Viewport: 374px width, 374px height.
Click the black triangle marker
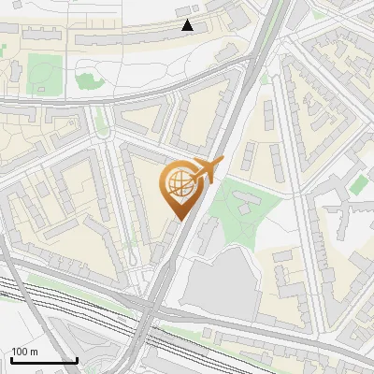pyautogui.click(x=188, y=25)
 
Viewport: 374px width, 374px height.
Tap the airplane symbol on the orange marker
pyautogui.click(x=208, y=170)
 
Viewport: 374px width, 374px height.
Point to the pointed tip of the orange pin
pyautogui.click(x=179, y=220)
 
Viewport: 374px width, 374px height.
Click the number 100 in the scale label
pyautogui.click(x=20, y=352)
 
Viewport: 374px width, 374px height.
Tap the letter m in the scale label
pyautogui.click(x=35, y=352)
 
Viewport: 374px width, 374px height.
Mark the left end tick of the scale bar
pyautogui.click(x=11, y=359)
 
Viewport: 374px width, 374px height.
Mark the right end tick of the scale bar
pyautogui.click(x=77, y=359)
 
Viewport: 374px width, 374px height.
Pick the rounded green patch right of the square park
pyautogui.click(x=86, y=80)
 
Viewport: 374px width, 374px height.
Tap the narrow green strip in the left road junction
pyautogui.click(x=100, y=121)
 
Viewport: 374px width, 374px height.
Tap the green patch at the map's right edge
pyautogui.click(x=361, y=183)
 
